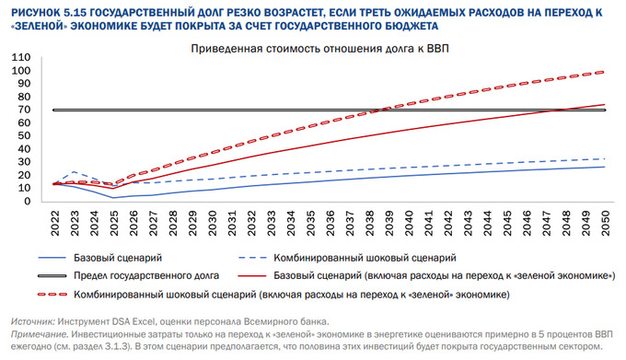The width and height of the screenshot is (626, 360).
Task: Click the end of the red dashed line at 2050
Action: [605, 72]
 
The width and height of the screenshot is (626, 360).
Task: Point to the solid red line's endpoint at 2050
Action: [605, 104]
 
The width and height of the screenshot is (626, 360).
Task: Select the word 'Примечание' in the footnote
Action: [40, 333]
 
